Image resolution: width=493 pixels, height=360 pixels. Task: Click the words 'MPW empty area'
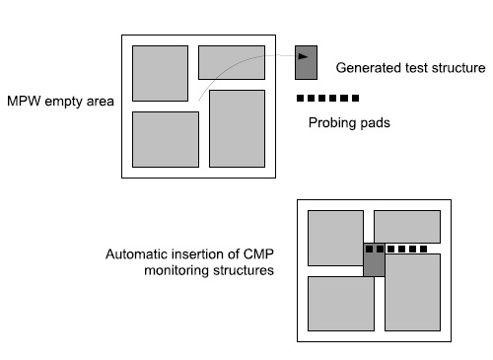pyautogui.click(x=60, y=102)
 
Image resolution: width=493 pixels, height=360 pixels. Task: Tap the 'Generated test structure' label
pyautogui.click(x=410, y=68)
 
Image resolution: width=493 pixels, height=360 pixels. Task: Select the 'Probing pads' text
pyautogui.click(x=349, y=122)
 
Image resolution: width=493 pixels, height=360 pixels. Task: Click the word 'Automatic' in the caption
pyautogui.click(x=137, y=254)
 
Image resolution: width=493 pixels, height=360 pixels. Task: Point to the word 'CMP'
pyautogui.click(x=258, y=254)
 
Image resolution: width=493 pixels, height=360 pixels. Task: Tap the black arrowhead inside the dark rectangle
pyautogui.click(x=303, y=56)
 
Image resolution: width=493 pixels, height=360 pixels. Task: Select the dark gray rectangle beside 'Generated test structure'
pyautogui.click(x=306, y=62)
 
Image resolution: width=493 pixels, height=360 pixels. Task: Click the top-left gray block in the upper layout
pyautogui.click(x=160, y=73)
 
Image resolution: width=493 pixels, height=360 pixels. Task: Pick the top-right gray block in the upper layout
pyautogui.click(x=232, y=62)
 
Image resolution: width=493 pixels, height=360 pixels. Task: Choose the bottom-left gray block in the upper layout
pyautogui.click(x=166, y=139)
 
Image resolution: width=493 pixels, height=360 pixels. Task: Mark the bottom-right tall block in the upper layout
pyautogui.click(x=237, y=128)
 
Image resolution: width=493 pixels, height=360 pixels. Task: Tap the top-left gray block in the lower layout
pyautogui.click(x=335, y=238)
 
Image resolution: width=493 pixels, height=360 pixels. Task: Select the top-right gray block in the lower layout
pyautogui.click(x=407, y=227)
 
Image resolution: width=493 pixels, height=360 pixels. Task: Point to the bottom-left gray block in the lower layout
pyautogui.click(x=341, y=304)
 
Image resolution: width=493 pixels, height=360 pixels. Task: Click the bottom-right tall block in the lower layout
pyautogui.click(x=412, y=292)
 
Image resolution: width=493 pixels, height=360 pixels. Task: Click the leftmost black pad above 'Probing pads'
pyautogui.click(x=300, y=98)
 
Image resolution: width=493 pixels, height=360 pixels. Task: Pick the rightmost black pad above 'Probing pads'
pyautogui.click(x=355, y=98)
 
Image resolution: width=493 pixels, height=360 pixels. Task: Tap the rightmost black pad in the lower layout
pyautogui.click(x=424, y=250)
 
